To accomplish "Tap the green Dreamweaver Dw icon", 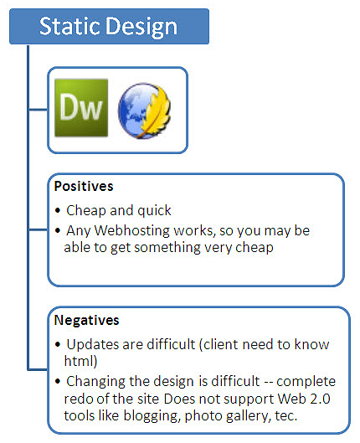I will (80, 107).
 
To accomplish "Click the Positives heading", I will (85, 184).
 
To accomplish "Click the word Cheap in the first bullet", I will (85, 211).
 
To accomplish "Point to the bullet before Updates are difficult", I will (58, 345).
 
